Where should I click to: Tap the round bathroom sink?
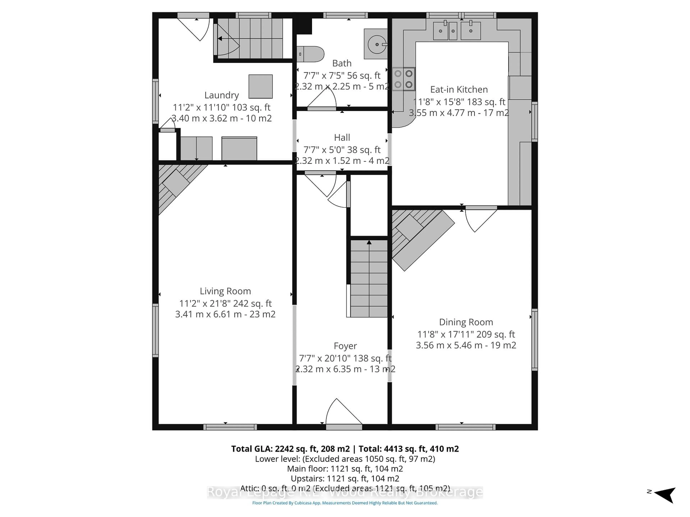point(377,45)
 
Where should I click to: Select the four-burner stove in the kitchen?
point(403,79)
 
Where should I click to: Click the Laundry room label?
point(222,95)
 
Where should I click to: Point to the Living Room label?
point(225,291)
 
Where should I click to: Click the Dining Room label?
point(466,322)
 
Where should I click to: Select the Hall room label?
point(342,138)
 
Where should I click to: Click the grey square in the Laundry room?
point(261,86)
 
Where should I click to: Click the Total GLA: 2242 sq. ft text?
point(290,449)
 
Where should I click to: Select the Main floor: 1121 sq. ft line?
point(345,469)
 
